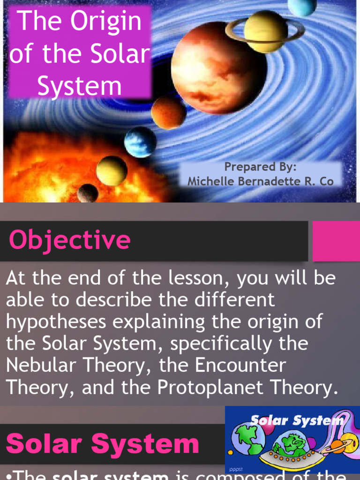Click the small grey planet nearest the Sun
tap(88, 193)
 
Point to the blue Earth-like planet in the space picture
tap(140, 141)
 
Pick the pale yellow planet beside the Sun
tap(112, 171)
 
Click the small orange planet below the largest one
tap(168, 113)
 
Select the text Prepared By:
tap(260, 167)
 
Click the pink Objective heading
tap(69, 240)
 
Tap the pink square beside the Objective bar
tap(336, 241)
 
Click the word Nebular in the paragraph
tap(40, 366)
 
